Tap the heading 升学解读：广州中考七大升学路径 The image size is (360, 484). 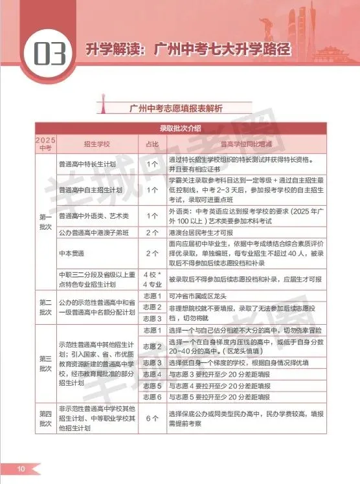(x=188, y=49)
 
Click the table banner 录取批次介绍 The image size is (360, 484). (x=179, y=127)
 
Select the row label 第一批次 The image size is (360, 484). (x=45, y=220)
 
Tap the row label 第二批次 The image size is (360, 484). (x=45, y=307)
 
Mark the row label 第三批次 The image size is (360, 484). (x=45, y=362)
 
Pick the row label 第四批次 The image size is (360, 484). (x=45, y=417)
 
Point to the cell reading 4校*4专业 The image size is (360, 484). (x=152, y=279)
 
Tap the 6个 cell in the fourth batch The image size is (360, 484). (x=152, y=418)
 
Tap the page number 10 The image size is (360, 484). (x=21, y=468)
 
